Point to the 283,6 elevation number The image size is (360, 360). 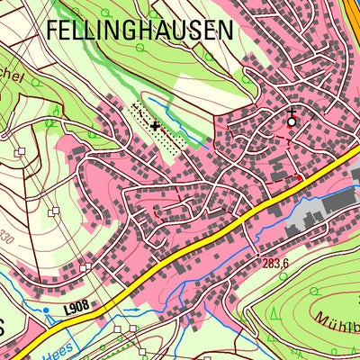click(275, 264)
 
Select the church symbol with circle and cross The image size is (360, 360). click(291, 119)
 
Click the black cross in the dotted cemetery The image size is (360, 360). click(157, 125)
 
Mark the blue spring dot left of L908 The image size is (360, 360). click(46, 310)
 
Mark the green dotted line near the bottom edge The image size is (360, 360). click(144, 346)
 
